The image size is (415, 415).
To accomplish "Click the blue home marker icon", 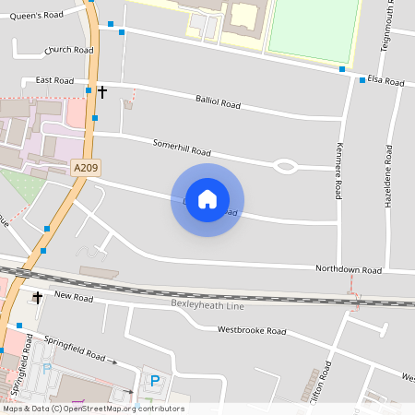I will (x=207, y=199).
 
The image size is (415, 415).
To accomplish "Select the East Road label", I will (x=54, y=81).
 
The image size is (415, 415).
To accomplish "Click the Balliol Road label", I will (x=218, y=102).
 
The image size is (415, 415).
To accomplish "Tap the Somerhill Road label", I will (x=182, y=148).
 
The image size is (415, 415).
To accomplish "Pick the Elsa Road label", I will (x=385, y=81).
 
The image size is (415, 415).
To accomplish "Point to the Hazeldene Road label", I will (x=388, y=174).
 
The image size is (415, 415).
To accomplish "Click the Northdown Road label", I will (x=348, y=270).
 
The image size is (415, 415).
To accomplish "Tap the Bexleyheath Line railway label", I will (x=208, y=303).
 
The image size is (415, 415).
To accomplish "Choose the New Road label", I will (x=74, y=296).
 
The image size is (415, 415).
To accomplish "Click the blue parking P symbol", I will (x=155, y=380).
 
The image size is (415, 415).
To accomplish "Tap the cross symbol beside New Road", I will (x=38, y=297).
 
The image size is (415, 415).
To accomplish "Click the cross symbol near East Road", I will (x=102, y=91).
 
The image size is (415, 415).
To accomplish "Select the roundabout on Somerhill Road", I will (x=285, y=166).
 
